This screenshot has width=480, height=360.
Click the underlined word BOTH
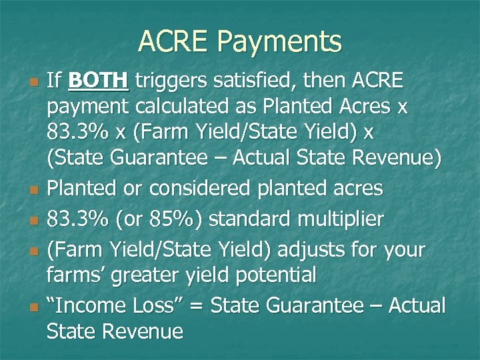point(98,81)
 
